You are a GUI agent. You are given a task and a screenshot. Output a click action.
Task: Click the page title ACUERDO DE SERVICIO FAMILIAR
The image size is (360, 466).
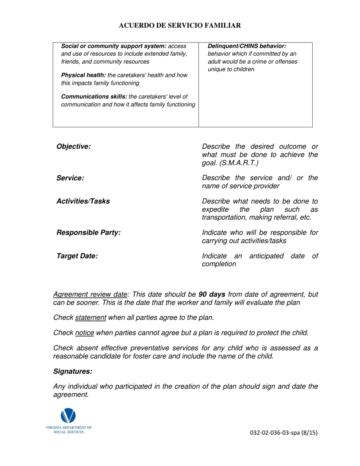click(x=180, y=25)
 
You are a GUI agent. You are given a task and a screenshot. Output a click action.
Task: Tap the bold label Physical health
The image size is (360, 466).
click(x=84, y=75)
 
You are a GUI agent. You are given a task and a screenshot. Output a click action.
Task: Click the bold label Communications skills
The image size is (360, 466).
click(x=94, y=97)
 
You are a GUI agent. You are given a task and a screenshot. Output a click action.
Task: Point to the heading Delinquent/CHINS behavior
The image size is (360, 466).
click(x=247, y=46)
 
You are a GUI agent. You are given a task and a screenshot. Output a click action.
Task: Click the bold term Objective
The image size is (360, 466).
click(x=74, y=147)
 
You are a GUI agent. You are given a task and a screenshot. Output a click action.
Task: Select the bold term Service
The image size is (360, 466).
click(x=70, y=178)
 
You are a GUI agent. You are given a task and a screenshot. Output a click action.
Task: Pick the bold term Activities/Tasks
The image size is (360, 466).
click(x=83, y=201)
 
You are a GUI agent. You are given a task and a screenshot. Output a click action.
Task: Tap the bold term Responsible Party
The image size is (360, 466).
click(x=88, y=233)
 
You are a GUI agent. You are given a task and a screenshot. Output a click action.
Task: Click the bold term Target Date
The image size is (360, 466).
click(x=77, y=256)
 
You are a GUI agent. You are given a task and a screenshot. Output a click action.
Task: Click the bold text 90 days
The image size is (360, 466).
click(x=212, y=294)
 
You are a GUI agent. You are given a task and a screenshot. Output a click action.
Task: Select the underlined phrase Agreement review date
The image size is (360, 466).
click(x=90, y=294)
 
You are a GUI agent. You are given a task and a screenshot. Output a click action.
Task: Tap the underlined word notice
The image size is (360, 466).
click(x=85, y=333)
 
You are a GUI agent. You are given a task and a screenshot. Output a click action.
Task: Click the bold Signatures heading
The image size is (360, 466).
click(x=73, y=372)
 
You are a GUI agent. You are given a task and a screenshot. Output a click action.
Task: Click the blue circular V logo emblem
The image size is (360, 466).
click(x=68, y=416)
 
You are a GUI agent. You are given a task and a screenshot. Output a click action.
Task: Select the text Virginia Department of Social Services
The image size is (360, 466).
click(x=69, y=430)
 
